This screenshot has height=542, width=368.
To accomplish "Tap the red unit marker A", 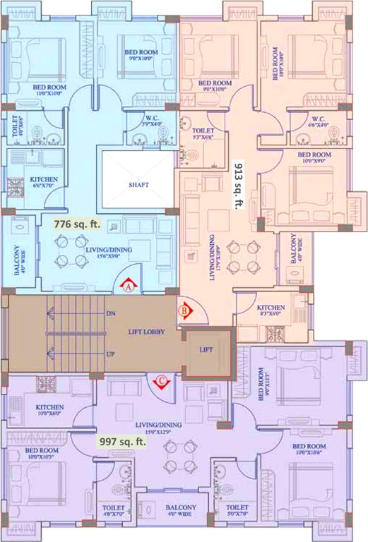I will tap(129, 287).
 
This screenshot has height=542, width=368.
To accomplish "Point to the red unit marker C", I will tap(162, 382).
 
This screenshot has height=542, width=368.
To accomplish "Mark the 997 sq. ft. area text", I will tap(121, 442).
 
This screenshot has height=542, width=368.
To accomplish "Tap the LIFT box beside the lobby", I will tap(207, 350).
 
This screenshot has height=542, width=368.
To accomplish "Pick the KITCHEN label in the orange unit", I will tap(271, 308).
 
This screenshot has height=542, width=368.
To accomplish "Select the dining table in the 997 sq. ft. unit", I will tap(180, 455).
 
